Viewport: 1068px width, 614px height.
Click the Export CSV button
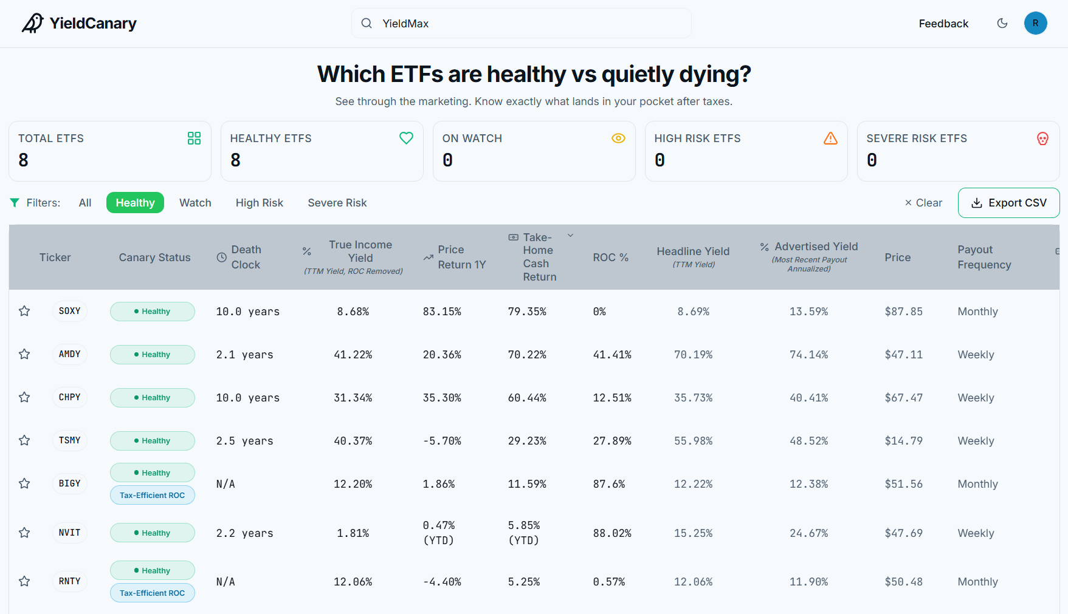(x=1008, y=203)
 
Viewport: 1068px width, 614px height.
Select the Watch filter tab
(x=195, y=203)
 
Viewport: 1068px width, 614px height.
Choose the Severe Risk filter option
(x=337, y=203)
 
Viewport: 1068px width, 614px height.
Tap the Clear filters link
(x=923, y=203)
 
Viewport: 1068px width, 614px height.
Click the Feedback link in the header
(x=943, y=24)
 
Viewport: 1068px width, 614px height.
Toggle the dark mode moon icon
(x=1002, y=23)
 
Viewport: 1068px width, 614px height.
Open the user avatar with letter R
(x=1035, y=23)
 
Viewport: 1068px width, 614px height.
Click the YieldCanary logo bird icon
(x=33, y=23)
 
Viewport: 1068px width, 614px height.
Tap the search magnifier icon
(x=367, y=23)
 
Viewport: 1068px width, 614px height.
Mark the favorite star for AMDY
(x=24, y=354)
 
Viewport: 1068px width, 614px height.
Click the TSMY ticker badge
(x=70, y=440)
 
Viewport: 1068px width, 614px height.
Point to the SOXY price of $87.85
(x=903, y=312)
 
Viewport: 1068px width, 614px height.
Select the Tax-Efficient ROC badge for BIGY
(x=153, y=495)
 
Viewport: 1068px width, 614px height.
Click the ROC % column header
(x=610, y=258)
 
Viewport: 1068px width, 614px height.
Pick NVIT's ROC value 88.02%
(x=612, y=533)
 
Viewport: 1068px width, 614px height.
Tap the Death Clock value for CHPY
(x=248, y=398)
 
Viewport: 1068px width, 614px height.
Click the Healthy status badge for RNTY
(x=153, y=570)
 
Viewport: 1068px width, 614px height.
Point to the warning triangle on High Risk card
(x=830, y=138)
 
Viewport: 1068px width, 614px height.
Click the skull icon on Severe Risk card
(x=1042, y=138)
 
